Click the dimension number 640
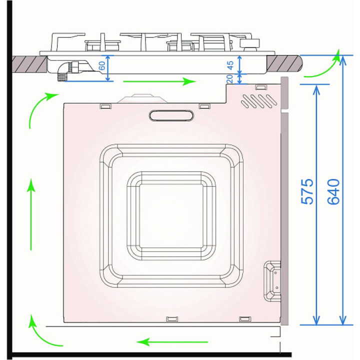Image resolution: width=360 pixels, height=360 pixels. click(x=333, y=191)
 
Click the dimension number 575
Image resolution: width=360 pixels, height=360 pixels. click(x=307, y=191)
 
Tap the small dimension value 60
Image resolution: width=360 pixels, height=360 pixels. click(x=102, y=65)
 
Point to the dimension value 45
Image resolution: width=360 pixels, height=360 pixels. click(x=230, y=65)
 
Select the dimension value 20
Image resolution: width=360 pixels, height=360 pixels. click(x=229, y=79)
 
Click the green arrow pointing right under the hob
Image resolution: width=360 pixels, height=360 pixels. click(x=159, y=81)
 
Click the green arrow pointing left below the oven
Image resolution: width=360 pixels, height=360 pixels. click(x=172, y=342)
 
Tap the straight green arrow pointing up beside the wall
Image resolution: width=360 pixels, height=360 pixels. click(x=31, y=214)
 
